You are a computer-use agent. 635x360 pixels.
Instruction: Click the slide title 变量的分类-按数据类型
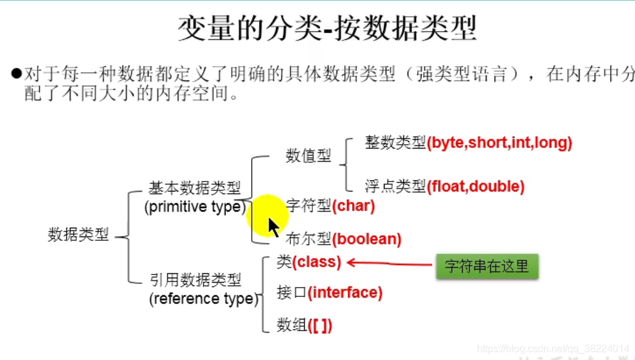(327, 29)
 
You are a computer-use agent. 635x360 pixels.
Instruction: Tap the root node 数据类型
(78, 235)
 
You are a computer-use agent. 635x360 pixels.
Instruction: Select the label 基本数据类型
(194, 188)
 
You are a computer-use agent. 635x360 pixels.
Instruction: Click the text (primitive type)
(195, 207)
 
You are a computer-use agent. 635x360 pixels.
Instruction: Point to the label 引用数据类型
(195, 280)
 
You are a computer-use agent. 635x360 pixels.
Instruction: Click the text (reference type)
(204, 299)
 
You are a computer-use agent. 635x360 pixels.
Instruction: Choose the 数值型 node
(308, 156)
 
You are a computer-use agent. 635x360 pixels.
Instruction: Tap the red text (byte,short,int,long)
(500, 143)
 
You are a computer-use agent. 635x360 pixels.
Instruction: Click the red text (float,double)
(476, 186)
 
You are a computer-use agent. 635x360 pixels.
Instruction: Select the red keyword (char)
(353, 206)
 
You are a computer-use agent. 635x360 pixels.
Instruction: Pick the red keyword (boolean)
(367, 239)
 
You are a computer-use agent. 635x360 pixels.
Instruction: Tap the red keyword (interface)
(345, 292)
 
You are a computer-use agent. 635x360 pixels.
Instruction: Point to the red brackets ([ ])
(320, 325)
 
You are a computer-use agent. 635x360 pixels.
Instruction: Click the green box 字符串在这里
(486, 266)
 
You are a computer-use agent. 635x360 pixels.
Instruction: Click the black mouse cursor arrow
(273, 227)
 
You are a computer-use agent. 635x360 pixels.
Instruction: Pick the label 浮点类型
(395, 186)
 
